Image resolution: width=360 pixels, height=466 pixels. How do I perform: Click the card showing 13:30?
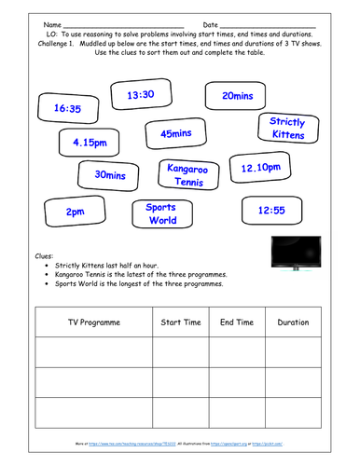click(x=140, y=95)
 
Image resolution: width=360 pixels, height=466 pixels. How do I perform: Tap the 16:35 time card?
click(x=69, y=109)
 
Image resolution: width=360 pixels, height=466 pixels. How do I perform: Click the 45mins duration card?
click(x=176, y=134)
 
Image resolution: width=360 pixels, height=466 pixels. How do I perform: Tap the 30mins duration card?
click(x=111, y=174)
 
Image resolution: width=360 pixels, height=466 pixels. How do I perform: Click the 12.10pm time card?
click(x=261, y=169)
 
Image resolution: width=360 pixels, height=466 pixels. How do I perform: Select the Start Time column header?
click(x=181, y=322)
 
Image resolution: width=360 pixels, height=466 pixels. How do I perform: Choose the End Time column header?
click(x=237, y=322)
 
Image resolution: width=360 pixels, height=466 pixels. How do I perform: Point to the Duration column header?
click(x=293, y=322)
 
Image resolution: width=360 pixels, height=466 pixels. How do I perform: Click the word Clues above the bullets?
click(x=43, y=254)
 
